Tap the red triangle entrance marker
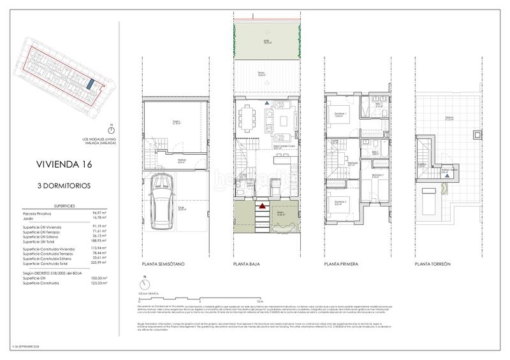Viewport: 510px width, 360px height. [x=261, y=205]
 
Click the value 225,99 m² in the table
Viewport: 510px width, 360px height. [x=99, y=263]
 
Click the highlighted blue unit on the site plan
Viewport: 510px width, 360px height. [x=91, y=84]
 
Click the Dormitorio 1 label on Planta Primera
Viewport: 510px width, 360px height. [x=340, y=113]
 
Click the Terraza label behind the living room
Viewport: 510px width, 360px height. [x=261, y=73]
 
